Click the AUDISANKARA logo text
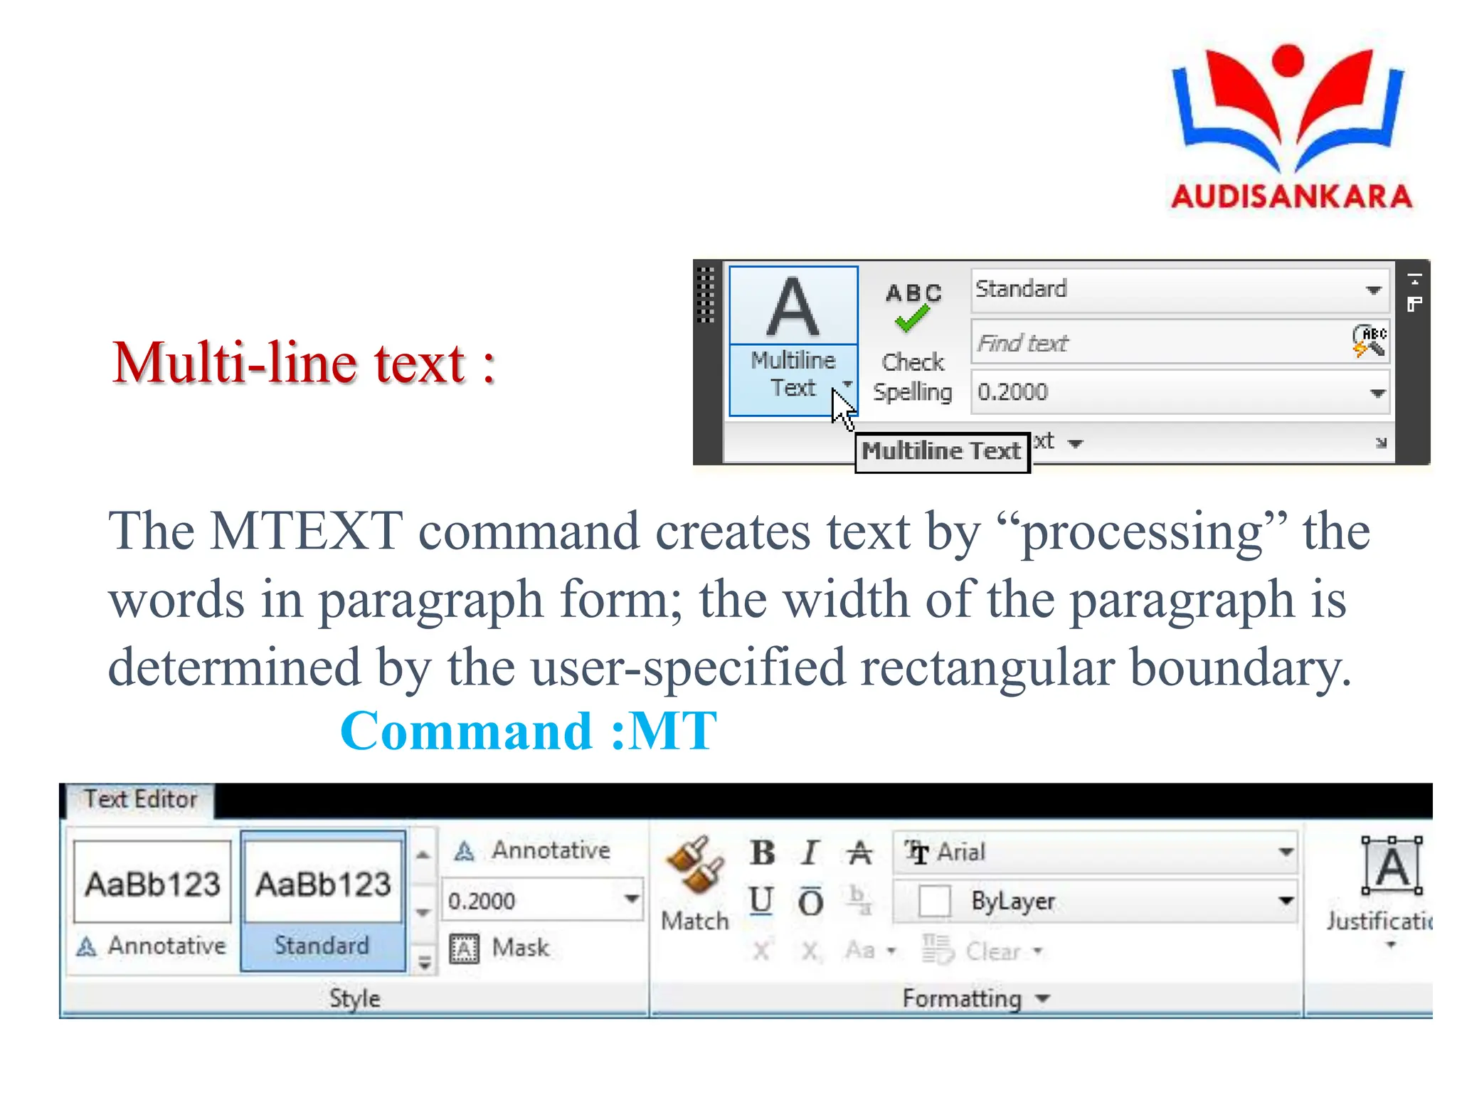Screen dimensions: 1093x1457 (1291, 196)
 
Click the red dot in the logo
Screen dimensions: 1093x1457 (1288, 60)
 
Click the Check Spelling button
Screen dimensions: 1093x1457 (913, 342)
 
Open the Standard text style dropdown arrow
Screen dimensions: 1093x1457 (1373, 290)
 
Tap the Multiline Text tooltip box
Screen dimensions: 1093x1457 (941, 451)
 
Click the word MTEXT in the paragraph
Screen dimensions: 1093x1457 (306, 531)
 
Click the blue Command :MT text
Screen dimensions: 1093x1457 (528, 731)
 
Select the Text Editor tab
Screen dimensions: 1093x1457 (140, 800)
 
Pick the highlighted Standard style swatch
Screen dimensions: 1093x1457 (323, 900)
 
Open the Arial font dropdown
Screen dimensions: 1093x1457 (1285, 852)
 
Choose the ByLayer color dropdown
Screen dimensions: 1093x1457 (1285, 901)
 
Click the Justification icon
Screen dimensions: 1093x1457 (1391, 867)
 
